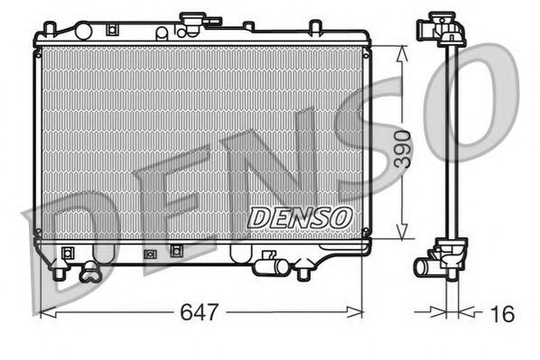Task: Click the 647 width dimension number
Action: [x=199, y=313]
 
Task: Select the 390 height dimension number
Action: [x=404, y=147]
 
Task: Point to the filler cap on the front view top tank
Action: [x=193, y=21]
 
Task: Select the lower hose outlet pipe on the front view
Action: [x=266, y=265]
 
